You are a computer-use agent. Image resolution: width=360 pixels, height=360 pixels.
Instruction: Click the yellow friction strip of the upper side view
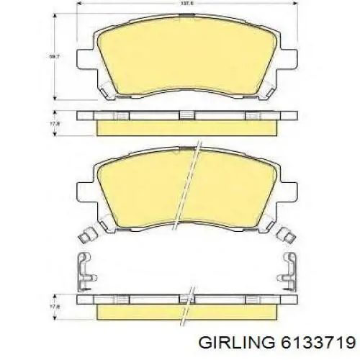point(187,127)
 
